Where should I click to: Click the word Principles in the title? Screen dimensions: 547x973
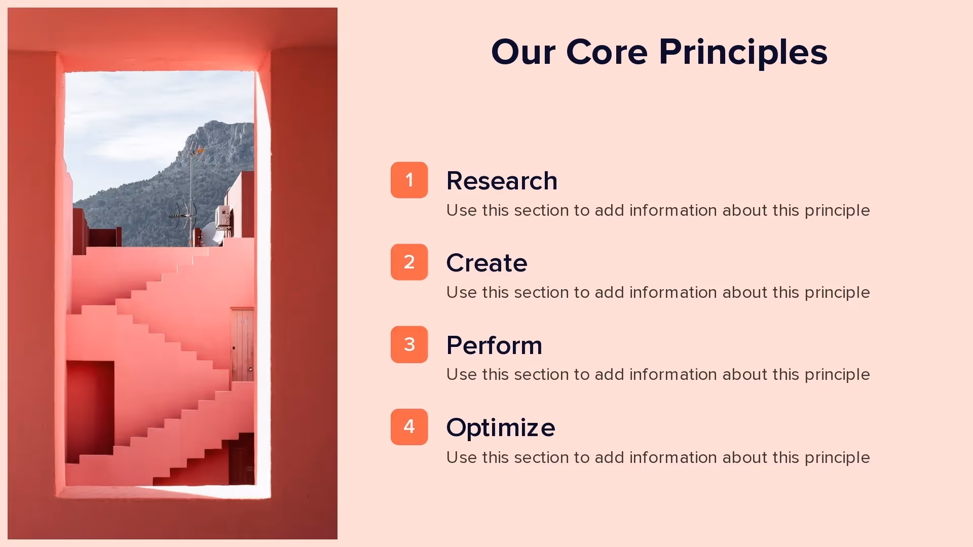[x=743, y=53]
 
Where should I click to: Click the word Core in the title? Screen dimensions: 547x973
[x=607, y=53]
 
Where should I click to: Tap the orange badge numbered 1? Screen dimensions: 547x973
[x=409, y=180]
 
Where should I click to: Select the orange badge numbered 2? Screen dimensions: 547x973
[x=409, y=262]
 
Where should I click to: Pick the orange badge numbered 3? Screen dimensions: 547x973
[x=409, y=344]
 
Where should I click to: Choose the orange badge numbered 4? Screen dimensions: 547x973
[x=409, y=427]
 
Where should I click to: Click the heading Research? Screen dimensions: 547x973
[x=502, y=181]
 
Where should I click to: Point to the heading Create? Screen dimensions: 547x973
[x=486, y=263]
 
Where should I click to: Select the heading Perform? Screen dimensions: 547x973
[x=494, y=345]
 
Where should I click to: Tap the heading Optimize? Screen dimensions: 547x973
[x=501, y=427]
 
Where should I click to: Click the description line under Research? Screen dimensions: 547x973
[x=658, y=210]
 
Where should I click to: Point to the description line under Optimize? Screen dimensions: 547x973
[x=658, y=457]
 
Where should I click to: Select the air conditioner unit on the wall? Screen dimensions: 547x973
[x=223, y=216]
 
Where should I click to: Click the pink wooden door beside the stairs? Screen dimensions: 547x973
[x=242, y=344]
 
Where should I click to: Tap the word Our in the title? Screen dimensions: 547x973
[x=523, y=53]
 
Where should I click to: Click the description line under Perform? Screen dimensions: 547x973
[x=658, y=375]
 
